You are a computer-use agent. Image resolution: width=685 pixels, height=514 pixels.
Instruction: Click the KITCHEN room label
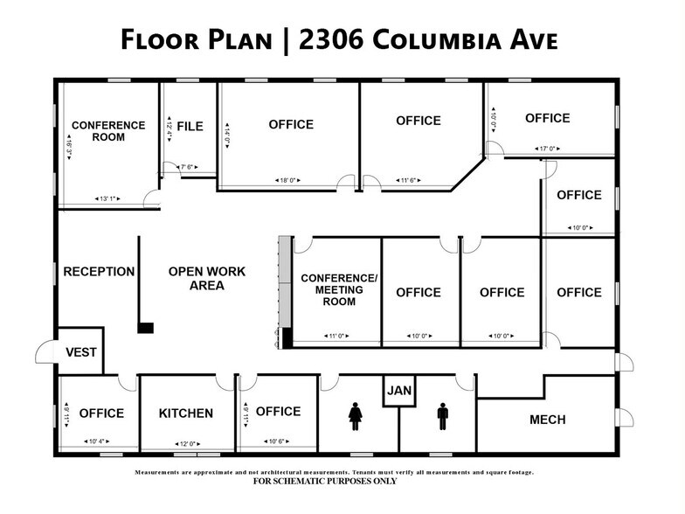185,413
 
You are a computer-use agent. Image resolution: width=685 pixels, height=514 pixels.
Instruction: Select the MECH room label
547,420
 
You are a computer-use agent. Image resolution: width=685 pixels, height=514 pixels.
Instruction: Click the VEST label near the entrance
81,352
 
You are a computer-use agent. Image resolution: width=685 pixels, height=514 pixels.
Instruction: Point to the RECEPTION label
99,272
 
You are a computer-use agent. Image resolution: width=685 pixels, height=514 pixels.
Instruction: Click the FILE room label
190,127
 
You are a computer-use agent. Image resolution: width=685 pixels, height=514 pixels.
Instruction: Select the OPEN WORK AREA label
207,278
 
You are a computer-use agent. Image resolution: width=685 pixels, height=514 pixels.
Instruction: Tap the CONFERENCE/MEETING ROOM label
339,289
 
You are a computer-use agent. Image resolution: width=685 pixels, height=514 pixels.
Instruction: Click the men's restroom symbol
442,416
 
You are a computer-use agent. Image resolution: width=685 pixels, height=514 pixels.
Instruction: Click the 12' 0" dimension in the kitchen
185,441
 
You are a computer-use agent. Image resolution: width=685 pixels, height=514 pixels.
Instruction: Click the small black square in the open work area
146,328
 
